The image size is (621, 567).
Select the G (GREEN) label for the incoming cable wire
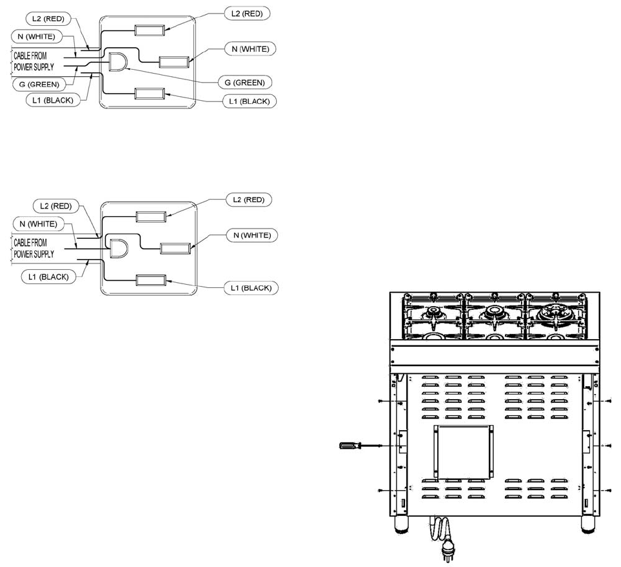[36, 85]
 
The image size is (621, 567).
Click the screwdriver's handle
[350, 445]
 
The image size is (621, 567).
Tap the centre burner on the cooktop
[494, 313]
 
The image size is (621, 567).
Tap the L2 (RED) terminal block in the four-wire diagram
[150, 29]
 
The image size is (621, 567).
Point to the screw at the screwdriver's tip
[382, 446]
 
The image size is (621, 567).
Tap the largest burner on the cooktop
[557, 313]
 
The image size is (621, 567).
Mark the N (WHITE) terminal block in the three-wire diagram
[174, 248]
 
